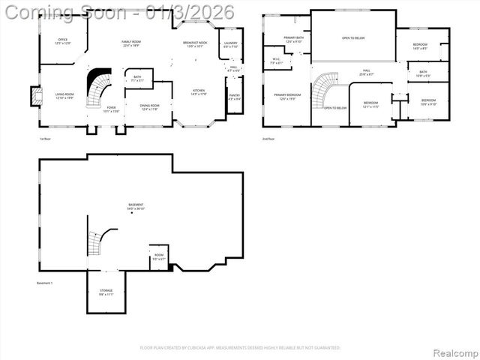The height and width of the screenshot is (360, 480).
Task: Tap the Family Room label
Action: (x=131, y=43)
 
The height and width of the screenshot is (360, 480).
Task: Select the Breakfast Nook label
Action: (x=195, y=44)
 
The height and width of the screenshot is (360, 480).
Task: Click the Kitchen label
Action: (x=198, y=92)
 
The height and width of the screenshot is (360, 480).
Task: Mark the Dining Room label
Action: (x=150, y=107)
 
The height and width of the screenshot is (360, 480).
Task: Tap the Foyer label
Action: (x=111, y=109)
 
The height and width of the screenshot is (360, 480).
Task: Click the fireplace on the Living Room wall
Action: (x=35, y=96)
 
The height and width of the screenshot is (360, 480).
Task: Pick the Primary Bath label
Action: (x=293, y=39)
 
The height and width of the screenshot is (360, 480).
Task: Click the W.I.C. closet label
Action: (x=276, y=61)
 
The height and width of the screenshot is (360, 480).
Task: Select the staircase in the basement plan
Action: (x=95, y=242)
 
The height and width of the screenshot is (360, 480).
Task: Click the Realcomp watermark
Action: (x=454, y=352)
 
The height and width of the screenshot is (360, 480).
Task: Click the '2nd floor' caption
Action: (x=268, y=139)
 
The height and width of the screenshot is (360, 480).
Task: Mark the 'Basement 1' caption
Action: (x=46, y=283)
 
